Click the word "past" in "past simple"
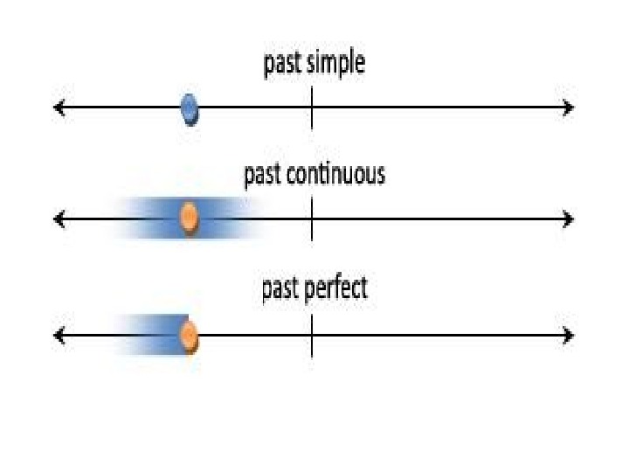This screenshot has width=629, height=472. pyautogui.click(x=280, y=65)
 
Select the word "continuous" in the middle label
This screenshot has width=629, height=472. pyautogui.click(x=335, y=175)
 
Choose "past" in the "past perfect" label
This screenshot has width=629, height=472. pyautogui.click(x=280, y=289)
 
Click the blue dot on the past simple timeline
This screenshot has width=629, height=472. pyautogui.click(x=190, y=109)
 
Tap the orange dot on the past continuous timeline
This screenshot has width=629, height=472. pyautogui.click(x=188, y=218)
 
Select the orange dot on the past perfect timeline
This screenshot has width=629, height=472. pyautogui.click(x=188, y=336)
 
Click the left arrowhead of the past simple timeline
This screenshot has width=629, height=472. pyautogui.click(x=59, y=108)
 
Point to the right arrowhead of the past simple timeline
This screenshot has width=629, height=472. pyautogui.click(x=569, y=108)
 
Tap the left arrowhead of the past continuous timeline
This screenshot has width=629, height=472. pyautogui.click(x=59, y=219)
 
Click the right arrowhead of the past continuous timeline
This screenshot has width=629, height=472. pyautogui.click(x=569, y=219)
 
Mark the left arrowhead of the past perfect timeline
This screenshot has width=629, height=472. pyautogui.click(x=59, y=336)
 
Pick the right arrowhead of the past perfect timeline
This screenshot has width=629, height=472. pyautogui.click(x=569, y=336)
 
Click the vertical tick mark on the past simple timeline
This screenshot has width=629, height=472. pyautogui.click(x=312, y=108)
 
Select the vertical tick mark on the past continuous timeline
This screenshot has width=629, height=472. pyautogui.click(x=312, y=219)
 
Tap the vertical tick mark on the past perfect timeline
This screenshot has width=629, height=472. pyautogui.click(x=312, y=336)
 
